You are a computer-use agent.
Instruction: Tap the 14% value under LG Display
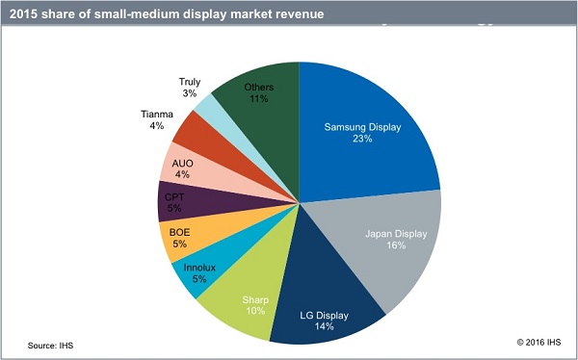[324, 327]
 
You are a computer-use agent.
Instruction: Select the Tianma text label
[156, 113]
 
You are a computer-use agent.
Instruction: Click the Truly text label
[190, 82]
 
